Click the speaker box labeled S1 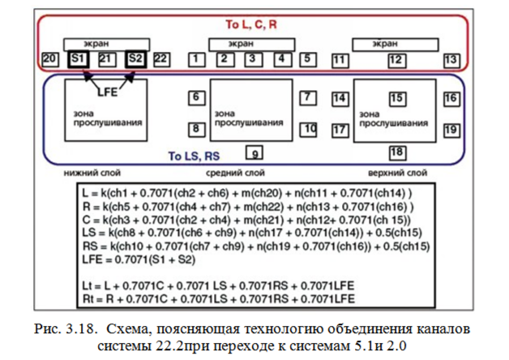(79, 59)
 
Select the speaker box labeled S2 (135, 59)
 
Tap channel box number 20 (49, 59)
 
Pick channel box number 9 (254, 152)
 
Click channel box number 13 (451, 60)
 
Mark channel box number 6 (196, 98)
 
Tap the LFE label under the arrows (107, 91)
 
